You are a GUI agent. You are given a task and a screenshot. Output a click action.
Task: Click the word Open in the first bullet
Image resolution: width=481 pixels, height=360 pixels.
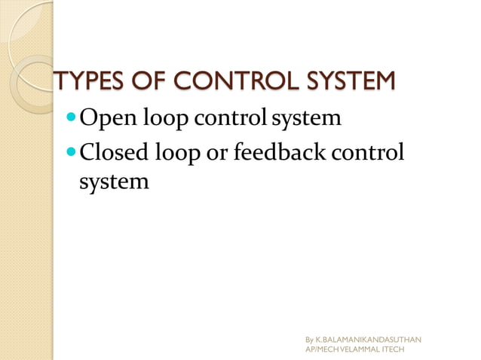(x=105, y=119)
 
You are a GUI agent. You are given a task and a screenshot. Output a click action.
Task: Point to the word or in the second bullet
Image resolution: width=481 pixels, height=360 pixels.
(x=220, y=152)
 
